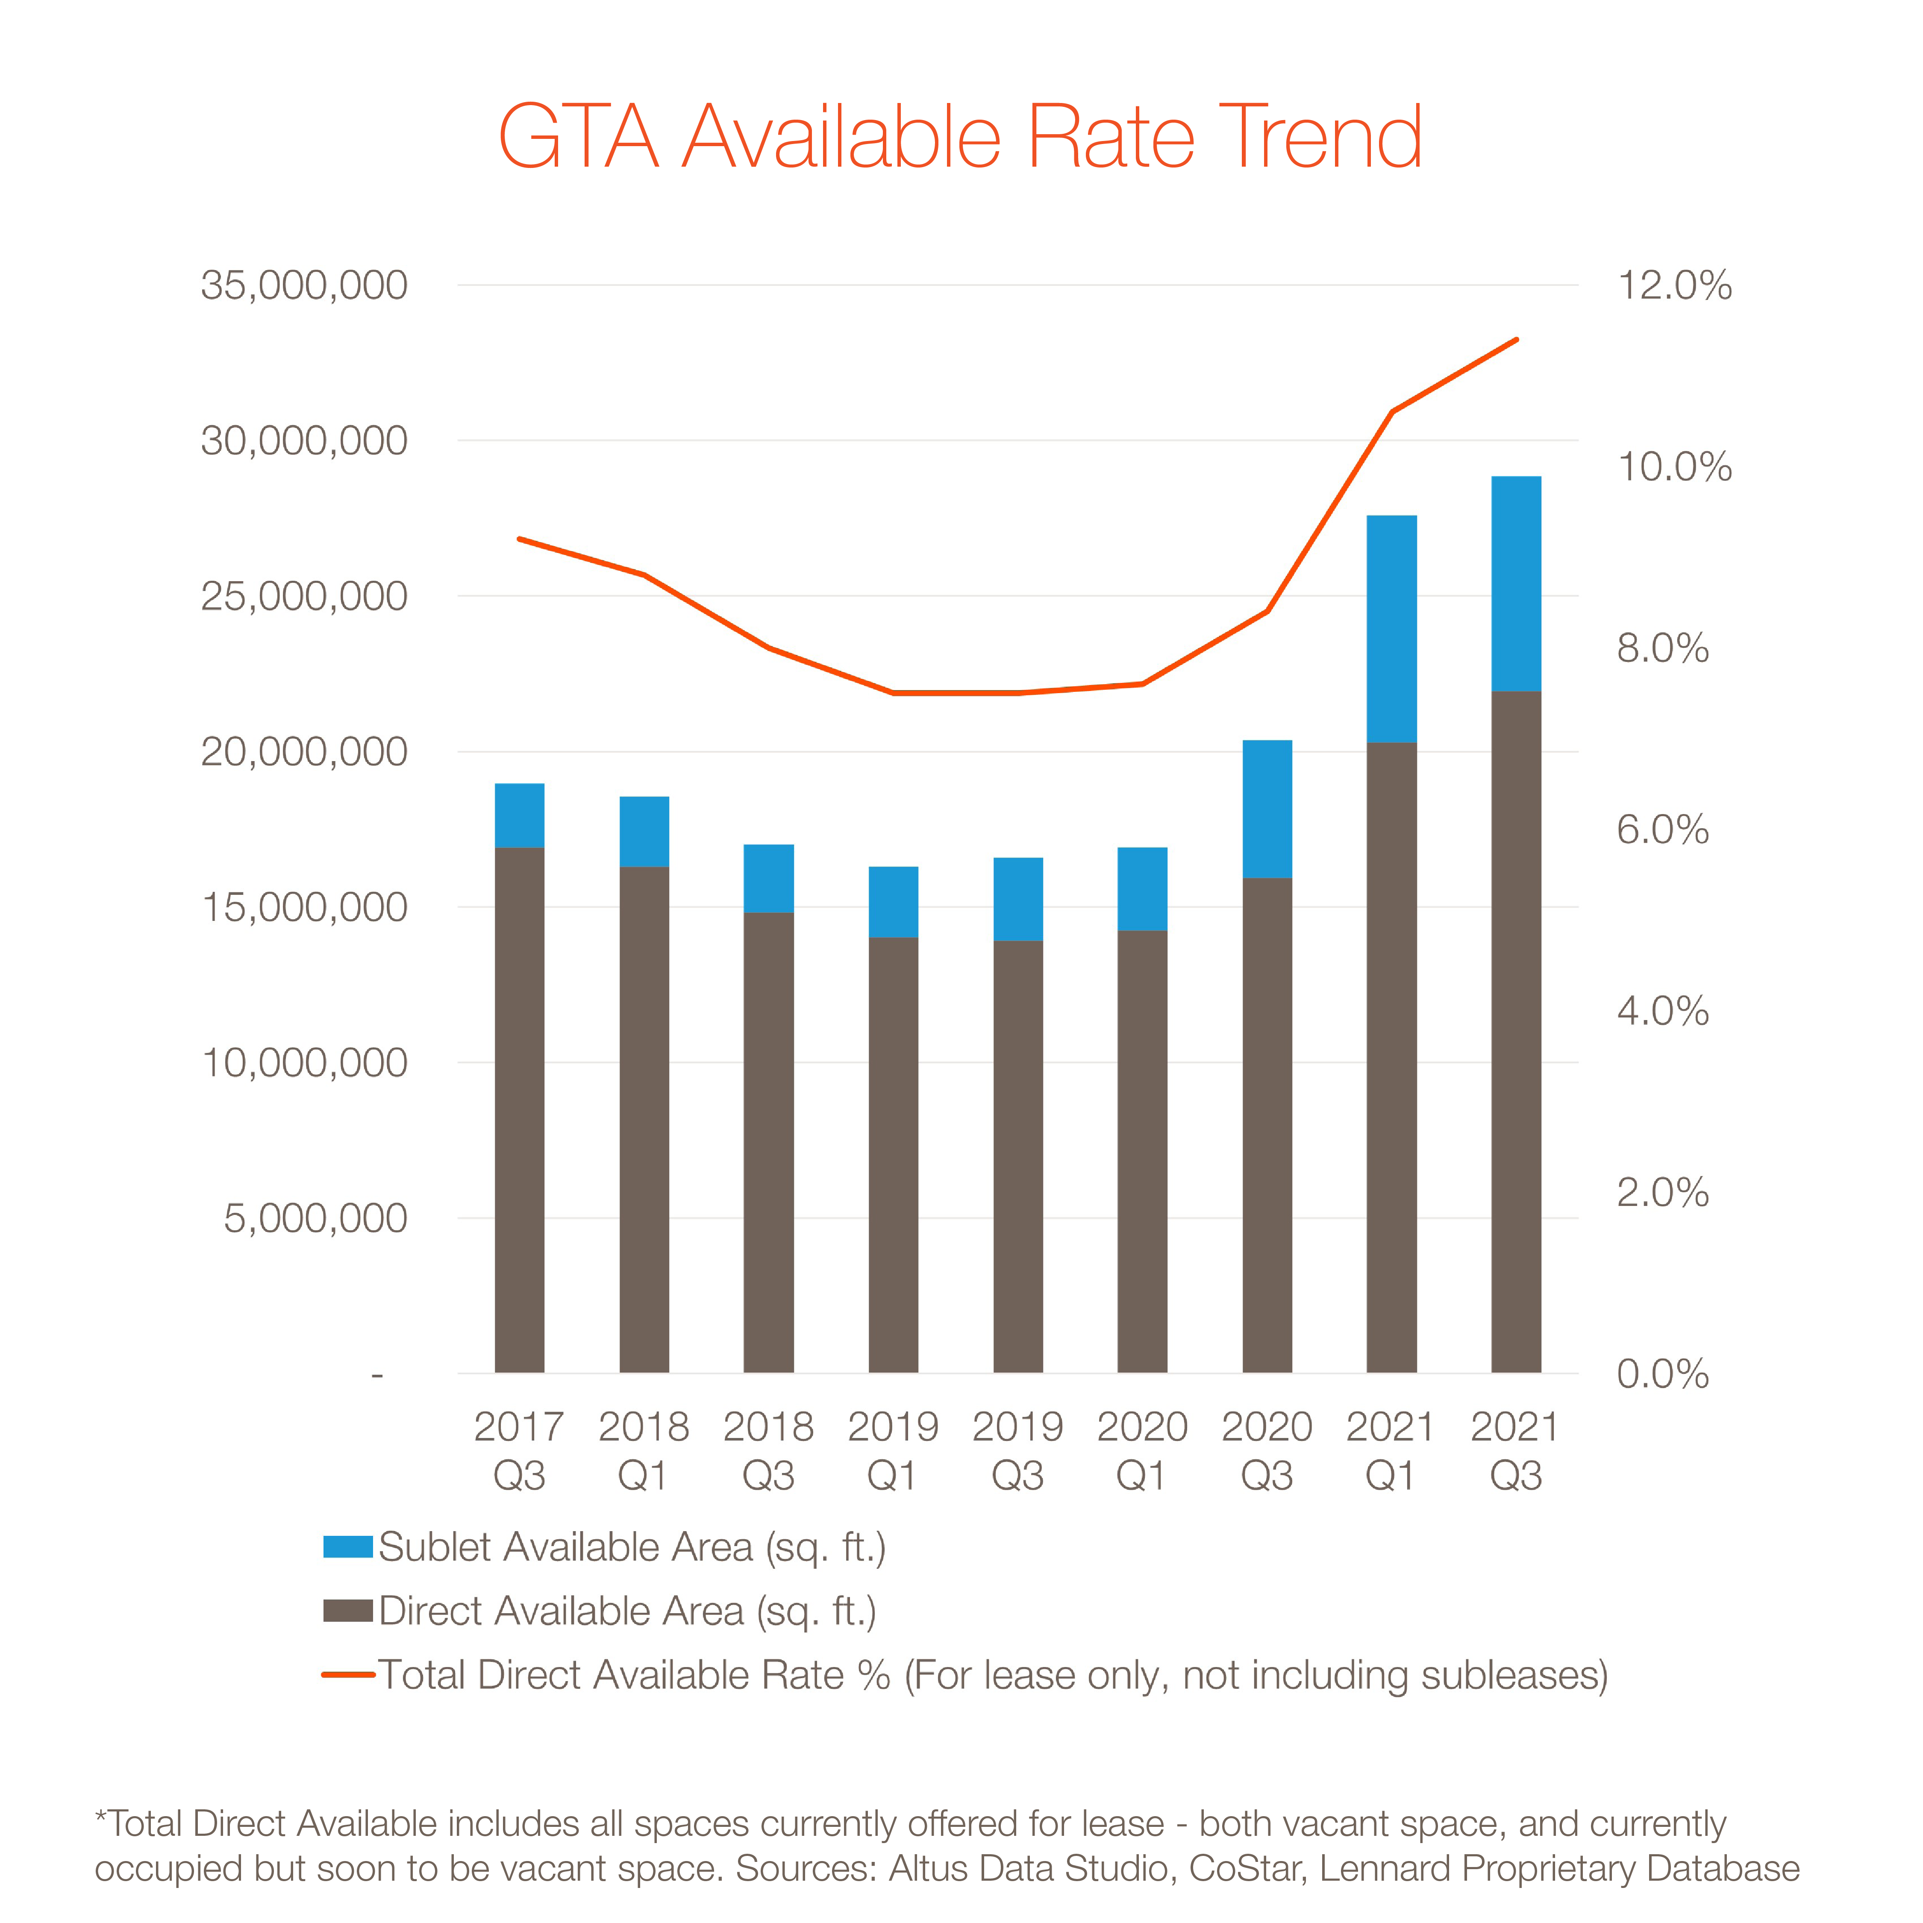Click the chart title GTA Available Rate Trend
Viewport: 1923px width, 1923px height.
click(x=961, y=137)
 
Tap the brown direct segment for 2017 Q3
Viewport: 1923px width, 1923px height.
click(x=520, y=1110)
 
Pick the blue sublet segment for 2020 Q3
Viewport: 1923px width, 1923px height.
click(x=1267, y=808)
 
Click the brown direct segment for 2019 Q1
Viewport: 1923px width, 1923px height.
click(x=893, y=1155)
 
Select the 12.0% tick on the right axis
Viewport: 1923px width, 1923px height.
click(x=1674, y=285)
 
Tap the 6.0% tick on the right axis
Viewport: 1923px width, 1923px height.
click(x=1662, y=829)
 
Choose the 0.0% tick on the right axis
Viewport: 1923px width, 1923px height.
click(x=1662, y=1373)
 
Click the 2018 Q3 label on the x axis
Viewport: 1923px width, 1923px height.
click(x=768, y=1450)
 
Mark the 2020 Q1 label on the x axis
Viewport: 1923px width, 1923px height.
click(x=1142, y=1450)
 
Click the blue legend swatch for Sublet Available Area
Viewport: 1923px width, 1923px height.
click(x=347, y=1547)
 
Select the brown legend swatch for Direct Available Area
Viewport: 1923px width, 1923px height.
click(x=347, y=1611)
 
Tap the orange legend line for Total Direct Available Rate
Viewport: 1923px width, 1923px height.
click(x=347, y=1675)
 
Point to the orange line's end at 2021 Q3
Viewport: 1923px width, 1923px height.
click(x=1516, y=341)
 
